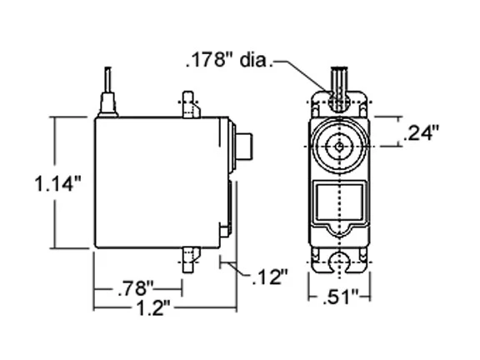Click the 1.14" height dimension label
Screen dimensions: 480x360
coord(58,183)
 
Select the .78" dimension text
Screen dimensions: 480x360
coord(136,288)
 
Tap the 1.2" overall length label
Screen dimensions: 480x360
coord(152,308)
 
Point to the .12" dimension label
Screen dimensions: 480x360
coord(270,277)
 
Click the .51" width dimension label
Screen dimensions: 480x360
coord(340,297)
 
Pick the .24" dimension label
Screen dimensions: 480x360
coord(421,132)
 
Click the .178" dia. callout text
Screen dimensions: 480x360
coord(229,60)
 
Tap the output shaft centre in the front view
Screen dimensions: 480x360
coord(339,147)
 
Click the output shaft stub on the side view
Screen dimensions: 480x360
coord(244,147)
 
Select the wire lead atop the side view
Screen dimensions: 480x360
coord(107,79)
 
